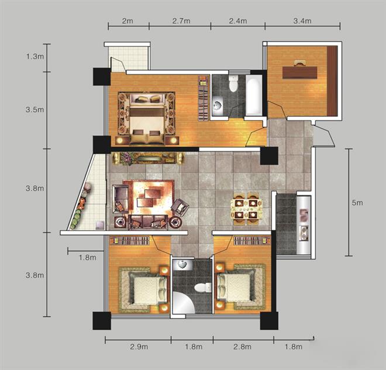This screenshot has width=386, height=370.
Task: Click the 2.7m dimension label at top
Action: (x=181, y=21)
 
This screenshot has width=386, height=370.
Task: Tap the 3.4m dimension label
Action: (x=302, y=21)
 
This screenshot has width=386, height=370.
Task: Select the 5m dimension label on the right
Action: (x=357, y=203)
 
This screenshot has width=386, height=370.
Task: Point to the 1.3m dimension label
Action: (x=35, y=56)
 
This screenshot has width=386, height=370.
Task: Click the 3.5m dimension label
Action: (x=35, y=109)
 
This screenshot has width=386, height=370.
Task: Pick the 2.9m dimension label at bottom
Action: (x=139, y=347)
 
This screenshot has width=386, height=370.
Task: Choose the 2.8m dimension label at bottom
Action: (x=243, y=347)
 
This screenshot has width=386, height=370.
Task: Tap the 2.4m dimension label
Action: (x=238, y=21)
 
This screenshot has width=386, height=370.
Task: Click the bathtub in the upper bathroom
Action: (x=254, y=95)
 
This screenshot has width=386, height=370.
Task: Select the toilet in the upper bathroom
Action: (x=233, y=83)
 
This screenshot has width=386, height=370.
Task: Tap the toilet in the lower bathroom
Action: (x=202, y=288)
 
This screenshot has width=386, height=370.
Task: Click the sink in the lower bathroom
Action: (x=182, y=264)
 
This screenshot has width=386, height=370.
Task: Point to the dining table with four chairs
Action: (x=246, y=209)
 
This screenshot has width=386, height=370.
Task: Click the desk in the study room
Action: (x=299, y=72)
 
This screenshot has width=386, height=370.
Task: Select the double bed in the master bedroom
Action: (x=147, y=119)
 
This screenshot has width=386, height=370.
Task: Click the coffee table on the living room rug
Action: (x=149, y=198)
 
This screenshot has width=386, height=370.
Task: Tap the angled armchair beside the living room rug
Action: (x=180, y=208)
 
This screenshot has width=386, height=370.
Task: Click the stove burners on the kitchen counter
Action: (x=304, y=233)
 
